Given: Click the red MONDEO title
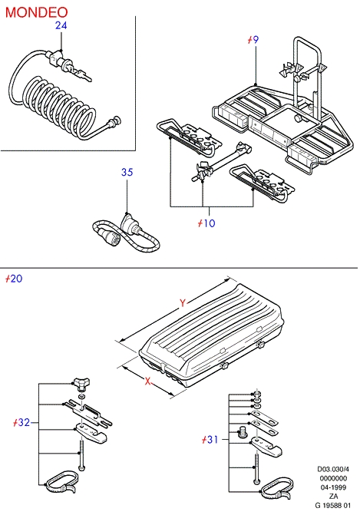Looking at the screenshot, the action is tap(36, 12).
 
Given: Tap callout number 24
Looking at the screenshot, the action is tap(61, 25).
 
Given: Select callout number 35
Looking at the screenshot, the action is tap(127, 172).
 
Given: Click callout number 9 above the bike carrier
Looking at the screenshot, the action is tap(253, 40).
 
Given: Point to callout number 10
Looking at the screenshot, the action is tap(206, 223).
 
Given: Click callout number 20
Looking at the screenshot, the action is tap(14, 279).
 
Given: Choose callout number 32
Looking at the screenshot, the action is tap(21, 422).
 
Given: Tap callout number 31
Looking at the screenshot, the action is tap(210, 440).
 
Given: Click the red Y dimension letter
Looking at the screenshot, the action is tap(183, 303).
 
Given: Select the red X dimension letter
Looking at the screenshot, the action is tap(148, 381).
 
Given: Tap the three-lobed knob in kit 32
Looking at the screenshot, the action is tap(81, 384).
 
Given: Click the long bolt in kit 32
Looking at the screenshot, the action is tap(81, 455).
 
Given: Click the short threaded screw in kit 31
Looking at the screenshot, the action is tap(242, 431).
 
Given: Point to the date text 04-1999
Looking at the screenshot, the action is tap(333, 487).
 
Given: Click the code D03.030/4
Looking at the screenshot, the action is tap(333, 469).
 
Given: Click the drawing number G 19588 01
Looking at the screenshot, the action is tap(333, 506).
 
